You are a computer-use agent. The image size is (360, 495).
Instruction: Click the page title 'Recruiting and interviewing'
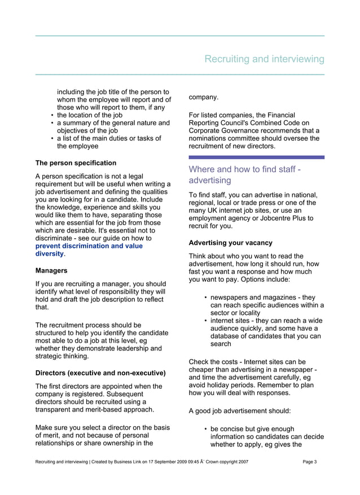[x=264, y=59]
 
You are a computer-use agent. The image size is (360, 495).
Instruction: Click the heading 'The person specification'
[x=76, y=163]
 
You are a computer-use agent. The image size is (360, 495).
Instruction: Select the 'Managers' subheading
[x=52, y=270]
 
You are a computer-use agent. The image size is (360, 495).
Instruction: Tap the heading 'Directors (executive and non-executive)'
[x=100, y=373]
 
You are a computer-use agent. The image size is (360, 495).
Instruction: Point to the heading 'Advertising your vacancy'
[x=230, y=243]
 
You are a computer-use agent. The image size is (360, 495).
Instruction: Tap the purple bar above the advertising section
[x=256, y=157]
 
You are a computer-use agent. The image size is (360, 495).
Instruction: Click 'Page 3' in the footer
[x=309, y=462]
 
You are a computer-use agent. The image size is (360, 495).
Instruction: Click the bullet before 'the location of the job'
[x=52, y=115]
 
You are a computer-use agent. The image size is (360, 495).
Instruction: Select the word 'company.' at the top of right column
[x=203, y=97]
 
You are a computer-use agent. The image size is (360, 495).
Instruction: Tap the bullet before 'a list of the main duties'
[x=52, y=138]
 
